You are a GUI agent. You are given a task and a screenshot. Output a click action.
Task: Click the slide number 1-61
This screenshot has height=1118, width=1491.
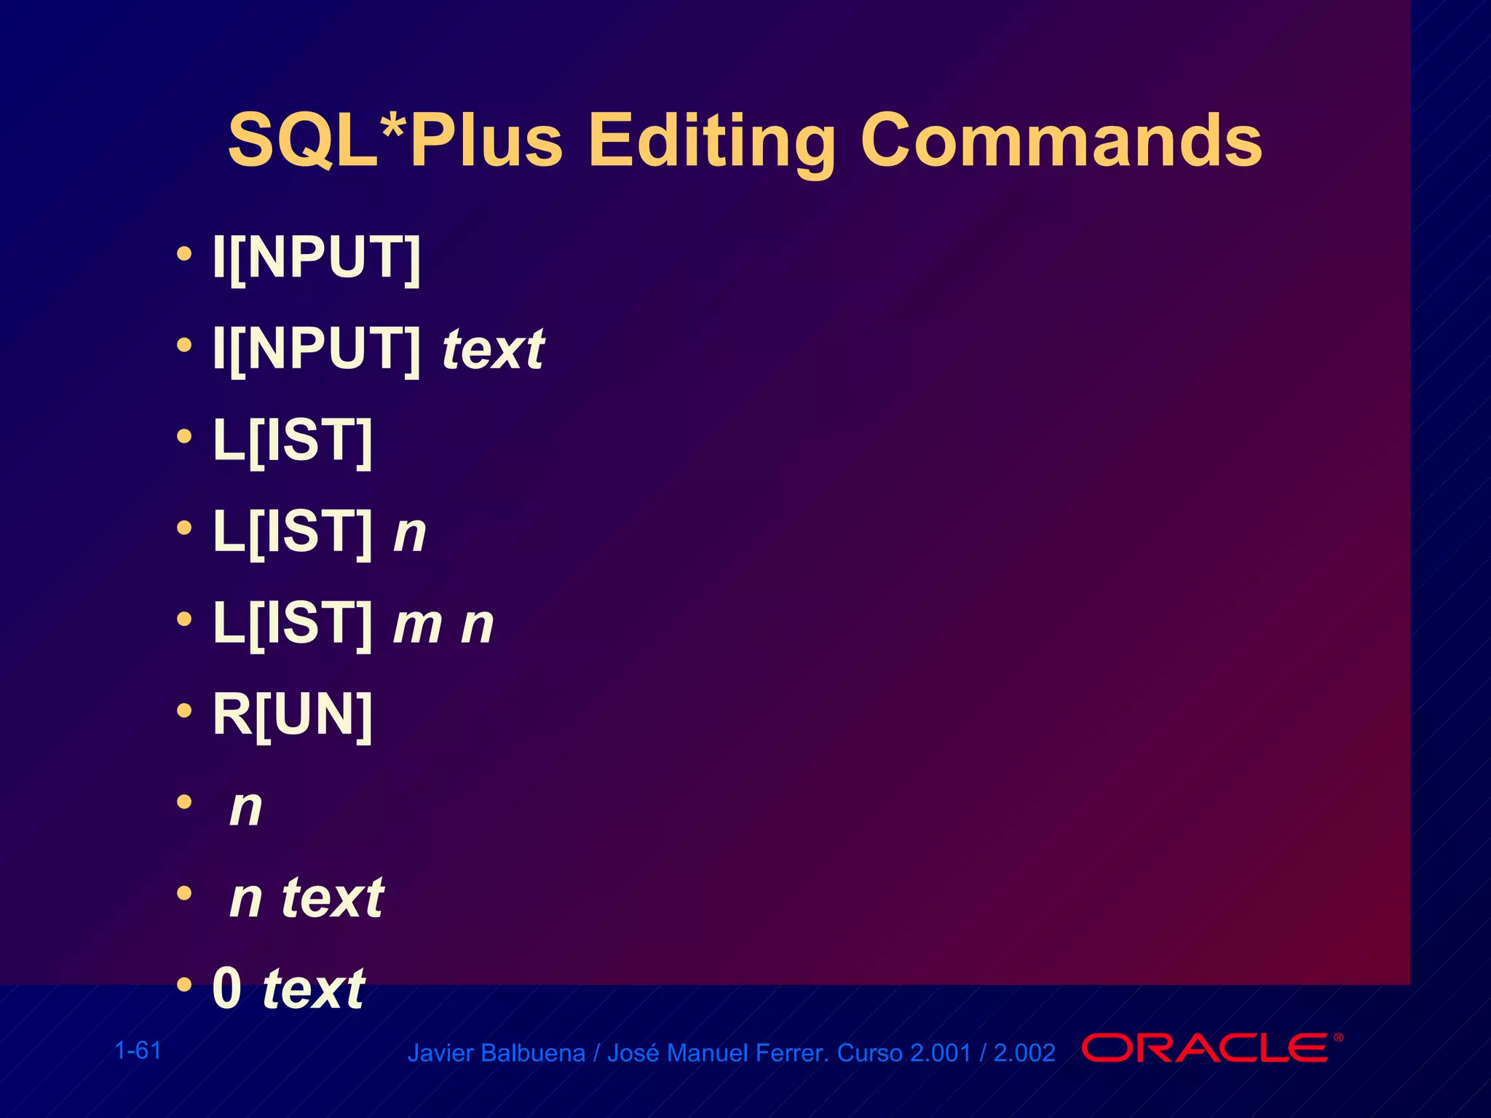138,1050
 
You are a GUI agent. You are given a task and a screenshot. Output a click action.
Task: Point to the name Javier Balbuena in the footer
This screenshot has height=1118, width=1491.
496,1053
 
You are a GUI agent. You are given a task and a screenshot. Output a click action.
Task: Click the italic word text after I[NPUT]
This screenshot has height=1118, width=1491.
494,349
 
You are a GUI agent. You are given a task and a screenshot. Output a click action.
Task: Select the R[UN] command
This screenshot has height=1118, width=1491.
293,715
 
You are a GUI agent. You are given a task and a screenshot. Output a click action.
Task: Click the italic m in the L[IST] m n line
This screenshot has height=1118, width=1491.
418,625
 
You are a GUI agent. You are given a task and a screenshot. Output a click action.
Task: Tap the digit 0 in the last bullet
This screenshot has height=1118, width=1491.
226,988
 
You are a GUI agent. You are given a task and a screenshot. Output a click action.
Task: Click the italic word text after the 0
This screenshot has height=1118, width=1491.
314,989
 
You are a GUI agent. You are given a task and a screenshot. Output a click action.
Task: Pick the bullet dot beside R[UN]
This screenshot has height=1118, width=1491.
184,710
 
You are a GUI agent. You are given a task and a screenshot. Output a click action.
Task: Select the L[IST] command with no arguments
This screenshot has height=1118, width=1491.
293,440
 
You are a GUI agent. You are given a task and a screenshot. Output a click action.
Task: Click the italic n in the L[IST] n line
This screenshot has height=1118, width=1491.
410,533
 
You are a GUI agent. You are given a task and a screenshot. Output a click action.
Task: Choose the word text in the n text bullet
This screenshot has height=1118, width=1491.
333,898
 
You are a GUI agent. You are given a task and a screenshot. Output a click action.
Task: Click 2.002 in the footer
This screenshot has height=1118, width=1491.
1024,1053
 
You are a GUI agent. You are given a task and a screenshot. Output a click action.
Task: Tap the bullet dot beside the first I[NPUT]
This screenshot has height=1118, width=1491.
184,254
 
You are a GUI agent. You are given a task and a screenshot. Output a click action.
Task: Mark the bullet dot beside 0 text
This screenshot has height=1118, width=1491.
184,985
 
